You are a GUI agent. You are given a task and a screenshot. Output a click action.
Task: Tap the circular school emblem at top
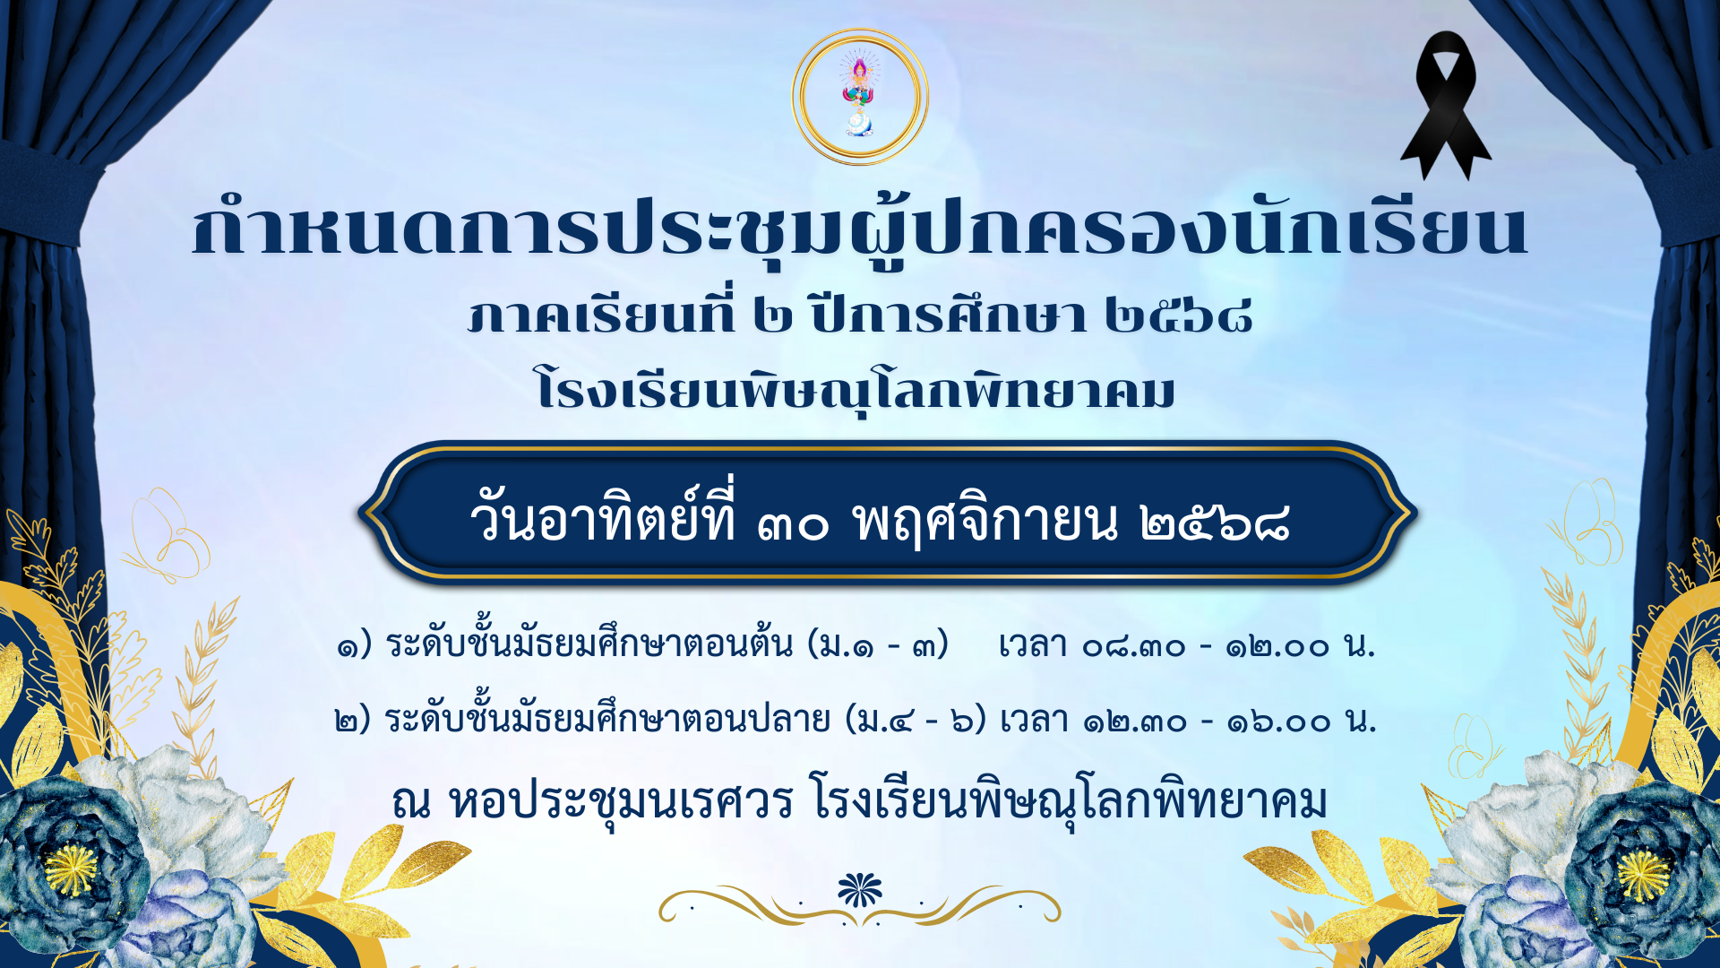(860, 97)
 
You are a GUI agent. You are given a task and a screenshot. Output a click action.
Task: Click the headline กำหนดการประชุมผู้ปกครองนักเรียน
(860, 229)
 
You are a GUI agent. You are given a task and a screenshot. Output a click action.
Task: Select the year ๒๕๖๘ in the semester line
(1178, 315)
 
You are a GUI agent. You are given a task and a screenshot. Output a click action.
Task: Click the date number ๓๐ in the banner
(793, 523)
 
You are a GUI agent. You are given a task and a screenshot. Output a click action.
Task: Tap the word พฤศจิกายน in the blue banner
(985, 521)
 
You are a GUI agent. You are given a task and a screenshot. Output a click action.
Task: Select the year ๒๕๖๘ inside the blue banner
(1215, 523)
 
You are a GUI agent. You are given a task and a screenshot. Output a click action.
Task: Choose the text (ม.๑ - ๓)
(878, 644)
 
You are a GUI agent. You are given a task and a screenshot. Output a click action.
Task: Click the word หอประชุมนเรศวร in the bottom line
(621, 800)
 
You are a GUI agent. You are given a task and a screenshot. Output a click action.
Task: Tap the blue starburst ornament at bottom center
(860, 889)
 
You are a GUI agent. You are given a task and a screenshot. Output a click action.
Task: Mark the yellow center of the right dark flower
(1642, 874)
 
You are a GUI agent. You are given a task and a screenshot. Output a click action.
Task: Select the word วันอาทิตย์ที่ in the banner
(603, 518)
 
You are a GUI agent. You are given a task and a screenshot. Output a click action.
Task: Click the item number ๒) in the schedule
(352, 721)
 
